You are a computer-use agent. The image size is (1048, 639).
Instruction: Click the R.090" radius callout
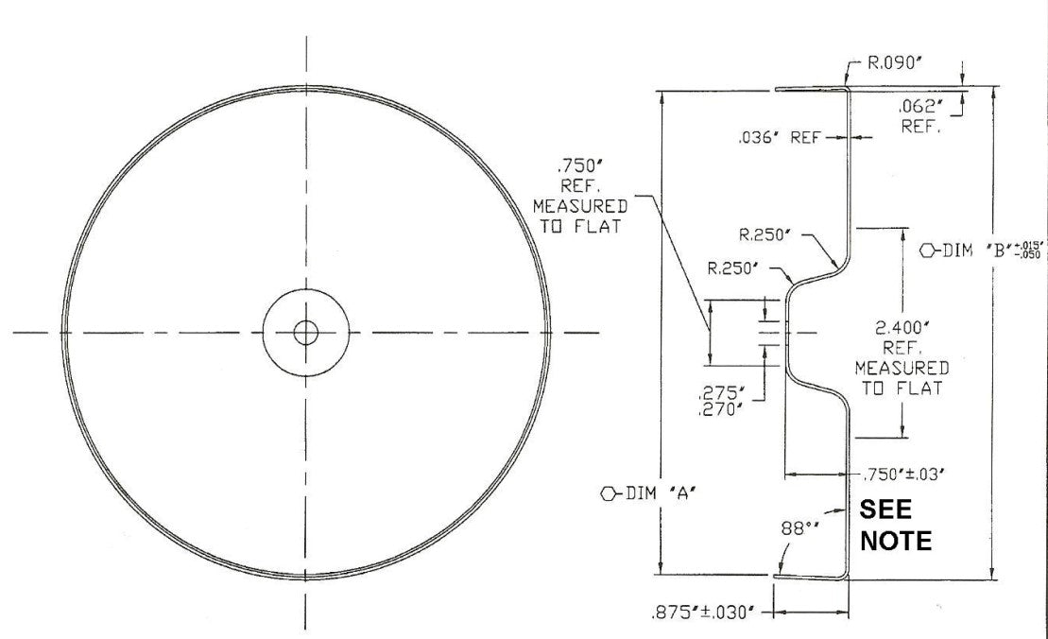point(895,63)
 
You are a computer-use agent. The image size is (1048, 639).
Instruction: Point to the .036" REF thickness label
point(780,138)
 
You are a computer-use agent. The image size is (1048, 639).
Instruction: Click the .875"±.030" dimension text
point(703,613)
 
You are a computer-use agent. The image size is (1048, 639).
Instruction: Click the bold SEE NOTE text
point(896,526)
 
